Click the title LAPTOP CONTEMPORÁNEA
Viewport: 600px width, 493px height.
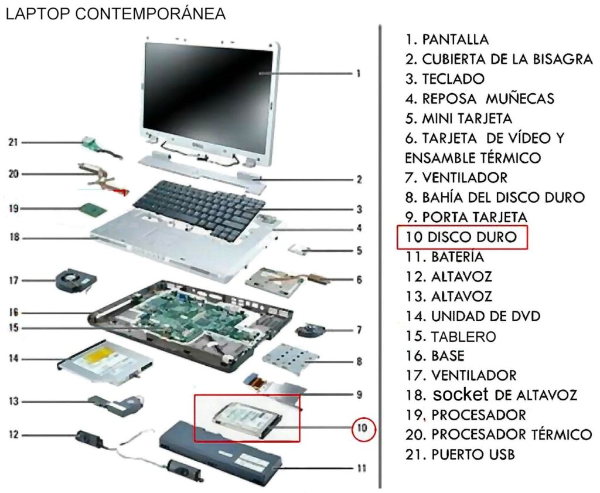(x=116, y=14)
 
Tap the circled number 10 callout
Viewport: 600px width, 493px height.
(x=363, y=429)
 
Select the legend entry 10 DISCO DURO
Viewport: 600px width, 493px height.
(x=462, y=237)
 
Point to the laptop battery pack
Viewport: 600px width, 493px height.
(x=221, y=449)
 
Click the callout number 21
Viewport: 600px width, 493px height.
(x=13, y=142)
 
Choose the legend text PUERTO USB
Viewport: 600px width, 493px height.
(x=473, y=455)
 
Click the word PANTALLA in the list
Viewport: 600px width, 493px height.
(x=455, y=39)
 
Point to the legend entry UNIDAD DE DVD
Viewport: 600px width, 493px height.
(x=486, y=317)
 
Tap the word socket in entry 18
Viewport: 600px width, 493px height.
(x=461, y=395)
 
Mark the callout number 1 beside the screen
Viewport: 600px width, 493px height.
(x=359, y=73)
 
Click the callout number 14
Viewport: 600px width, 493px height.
(x=13, y=359)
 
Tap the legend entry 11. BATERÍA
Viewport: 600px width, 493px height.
(x=445, y=257)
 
